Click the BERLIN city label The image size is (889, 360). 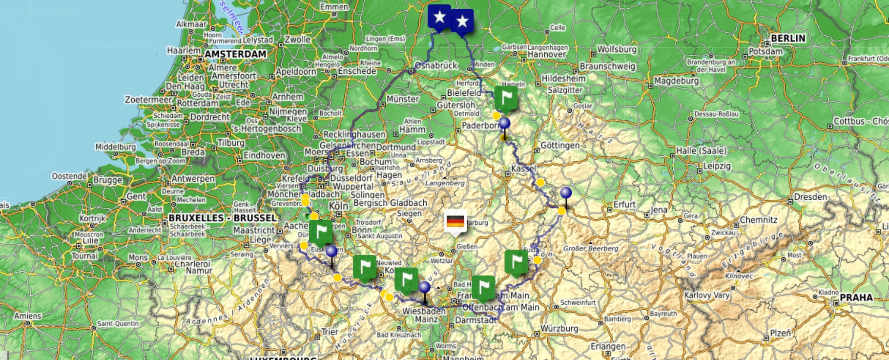pos(788,38)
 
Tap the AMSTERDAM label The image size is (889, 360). pos(236,54)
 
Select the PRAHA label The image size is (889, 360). pos(856,297)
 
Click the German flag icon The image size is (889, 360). pos(455,222)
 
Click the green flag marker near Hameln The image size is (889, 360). pos(506,98)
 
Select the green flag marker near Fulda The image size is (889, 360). pos(516,262)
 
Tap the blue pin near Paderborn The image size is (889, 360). pos(504,124)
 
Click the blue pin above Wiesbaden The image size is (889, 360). pos(425,288)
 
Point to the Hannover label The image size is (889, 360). pos(547,55)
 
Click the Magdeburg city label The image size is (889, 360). pos(676,81)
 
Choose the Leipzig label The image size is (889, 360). pos(717,166)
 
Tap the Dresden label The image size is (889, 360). pos(810,197)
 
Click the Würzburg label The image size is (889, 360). pos(559,329)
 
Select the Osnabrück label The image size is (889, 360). pos(436,65)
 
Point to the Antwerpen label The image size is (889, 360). pos(193,179)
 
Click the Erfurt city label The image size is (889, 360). pos(625,204)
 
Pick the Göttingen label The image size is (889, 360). pos(560,146)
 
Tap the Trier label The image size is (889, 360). pos(330,332)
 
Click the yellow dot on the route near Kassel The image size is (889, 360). pos(540,182)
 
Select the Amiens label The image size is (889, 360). pos(27,316)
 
